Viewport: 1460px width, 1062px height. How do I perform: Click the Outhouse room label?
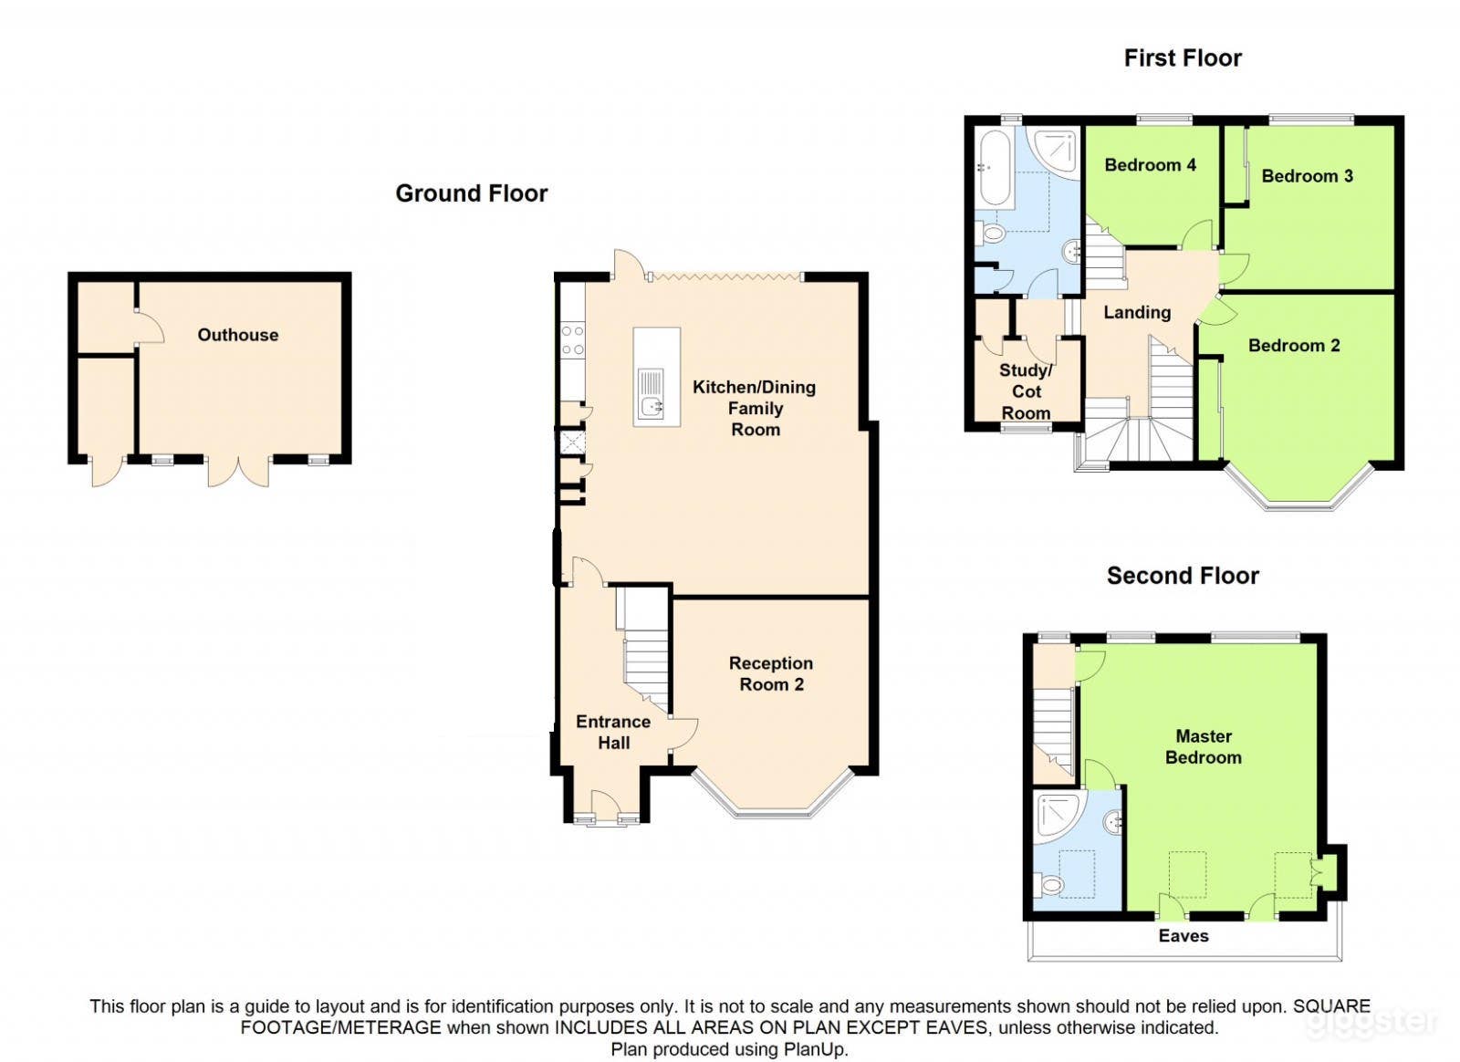click(x=238, y=335)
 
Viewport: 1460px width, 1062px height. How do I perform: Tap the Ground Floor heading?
click(x=471, y=193)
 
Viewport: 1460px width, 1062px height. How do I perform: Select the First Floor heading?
click(x=1182, y=58)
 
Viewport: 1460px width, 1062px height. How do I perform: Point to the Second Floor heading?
click(x=1182, y=576)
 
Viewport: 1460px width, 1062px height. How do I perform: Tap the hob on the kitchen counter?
click(x=572, y=340)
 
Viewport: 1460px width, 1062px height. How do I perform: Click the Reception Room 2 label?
click(x=770, y=673)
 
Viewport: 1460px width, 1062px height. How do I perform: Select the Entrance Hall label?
click(x=613, y=732)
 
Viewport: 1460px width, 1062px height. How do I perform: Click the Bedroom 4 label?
click(x=1150, y=165)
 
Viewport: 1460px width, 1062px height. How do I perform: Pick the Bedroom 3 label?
click(x=1307, y=176)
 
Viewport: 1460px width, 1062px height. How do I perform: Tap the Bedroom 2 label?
click(x=1293, y=346)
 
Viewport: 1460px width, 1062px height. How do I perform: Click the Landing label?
click(x=1136, y=313)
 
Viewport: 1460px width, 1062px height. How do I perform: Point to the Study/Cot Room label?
click(x=1026, y=391)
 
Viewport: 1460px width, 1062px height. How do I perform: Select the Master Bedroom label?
click(x=1203, y=746)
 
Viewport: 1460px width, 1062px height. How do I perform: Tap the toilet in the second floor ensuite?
click(x=1050, y=884)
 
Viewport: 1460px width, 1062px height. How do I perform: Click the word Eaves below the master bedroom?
click(x=1183, y=936)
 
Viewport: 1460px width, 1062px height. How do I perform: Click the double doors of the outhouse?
click(x=238, y=470)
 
